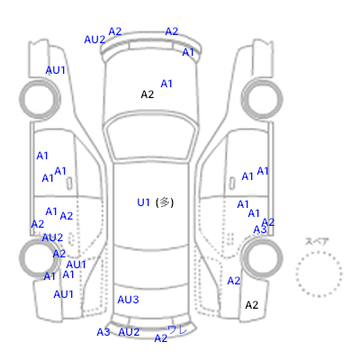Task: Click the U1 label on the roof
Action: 143,202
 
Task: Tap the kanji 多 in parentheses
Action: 164,202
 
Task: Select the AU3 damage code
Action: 128,300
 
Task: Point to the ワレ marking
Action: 177,329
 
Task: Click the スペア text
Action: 317,241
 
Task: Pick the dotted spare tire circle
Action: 319,274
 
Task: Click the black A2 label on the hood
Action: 148,94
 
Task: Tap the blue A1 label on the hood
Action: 166,84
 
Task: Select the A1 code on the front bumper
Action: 188,52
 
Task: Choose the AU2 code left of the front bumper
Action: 94,40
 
